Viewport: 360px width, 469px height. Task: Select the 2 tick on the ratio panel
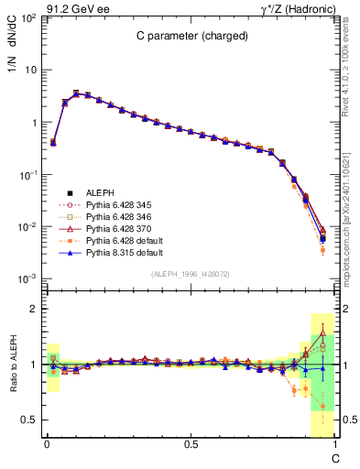(34, 309)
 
